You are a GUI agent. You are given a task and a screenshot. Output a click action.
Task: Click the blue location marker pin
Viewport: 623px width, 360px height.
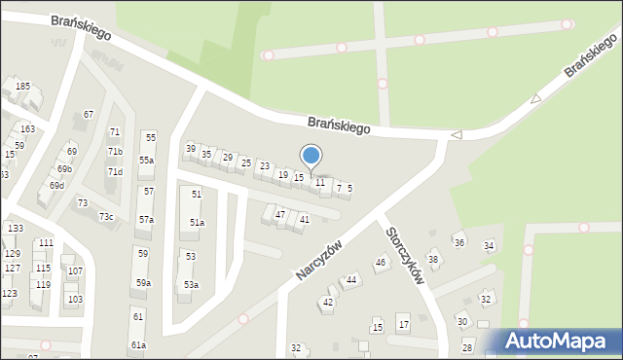tap(311, 157)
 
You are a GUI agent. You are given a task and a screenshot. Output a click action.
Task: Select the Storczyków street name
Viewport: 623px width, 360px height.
tap(405, 256)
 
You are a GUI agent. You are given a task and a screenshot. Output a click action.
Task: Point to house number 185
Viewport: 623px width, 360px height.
tap(22, 87)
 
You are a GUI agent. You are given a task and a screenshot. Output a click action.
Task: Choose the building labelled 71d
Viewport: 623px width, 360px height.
tap(115, 172)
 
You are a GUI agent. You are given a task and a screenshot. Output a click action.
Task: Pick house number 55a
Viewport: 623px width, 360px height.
tap(146, 160)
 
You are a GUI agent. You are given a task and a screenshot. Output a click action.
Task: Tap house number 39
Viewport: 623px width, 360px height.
tap(191, 148)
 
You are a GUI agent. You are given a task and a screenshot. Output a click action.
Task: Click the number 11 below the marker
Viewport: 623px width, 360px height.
tap(319, 183)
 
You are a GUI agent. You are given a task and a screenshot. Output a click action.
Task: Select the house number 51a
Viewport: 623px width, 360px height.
tap(197, 223)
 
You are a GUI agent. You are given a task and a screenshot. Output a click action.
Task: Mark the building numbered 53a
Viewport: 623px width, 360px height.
tap(191, 285)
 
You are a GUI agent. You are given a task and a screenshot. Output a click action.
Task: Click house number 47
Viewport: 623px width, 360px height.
tap(280, 214)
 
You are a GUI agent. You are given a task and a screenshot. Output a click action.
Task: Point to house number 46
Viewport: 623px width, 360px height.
tap(381, 262)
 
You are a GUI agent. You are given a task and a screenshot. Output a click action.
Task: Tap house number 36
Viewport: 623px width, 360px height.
tap(459, 241)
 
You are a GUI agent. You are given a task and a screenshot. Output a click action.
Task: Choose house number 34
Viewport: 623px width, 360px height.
tap(489, 246)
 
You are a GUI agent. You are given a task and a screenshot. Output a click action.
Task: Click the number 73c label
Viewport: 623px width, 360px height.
tap(105, 216)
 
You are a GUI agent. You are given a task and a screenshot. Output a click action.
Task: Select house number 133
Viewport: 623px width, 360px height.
tap(16, 228)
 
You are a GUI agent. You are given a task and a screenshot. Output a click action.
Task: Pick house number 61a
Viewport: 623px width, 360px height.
tap(138, 345)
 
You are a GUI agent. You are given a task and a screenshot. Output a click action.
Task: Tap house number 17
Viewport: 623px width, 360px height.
tap(403, 324)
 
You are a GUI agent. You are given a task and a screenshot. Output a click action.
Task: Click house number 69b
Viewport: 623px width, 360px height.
tap(64, 168)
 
